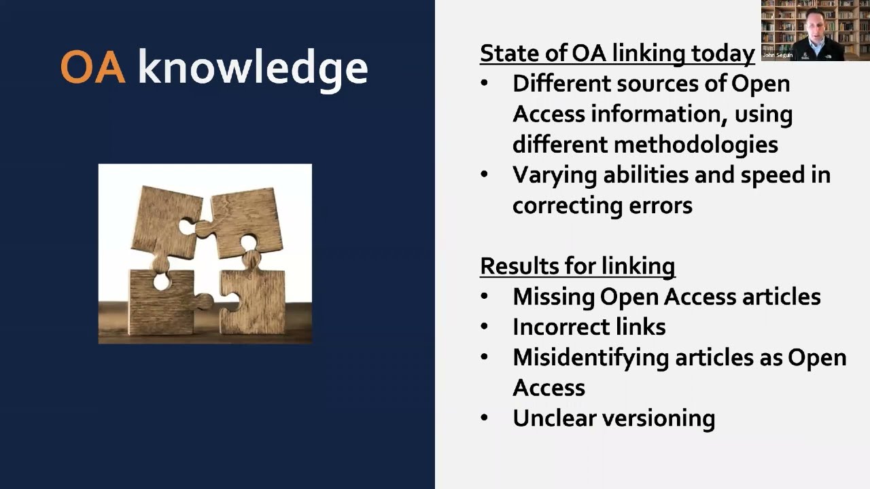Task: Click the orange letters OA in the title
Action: pos(92,67)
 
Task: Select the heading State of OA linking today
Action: pos(617,53)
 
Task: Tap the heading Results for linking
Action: pos(577,266)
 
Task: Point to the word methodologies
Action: pos(696,144)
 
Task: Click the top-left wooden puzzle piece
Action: pos(165,221)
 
